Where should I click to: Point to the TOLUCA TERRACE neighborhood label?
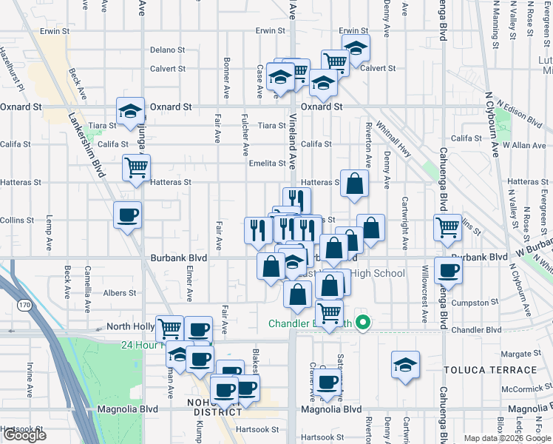[x=490, y=369]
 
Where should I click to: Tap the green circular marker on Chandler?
[x=363, y=323]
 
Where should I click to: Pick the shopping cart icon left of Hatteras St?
[x=136, y=167]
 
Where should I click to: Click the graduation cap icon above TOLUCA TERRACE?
[x=405, y=365]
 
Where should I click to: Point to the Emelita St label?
[x=267, y=164]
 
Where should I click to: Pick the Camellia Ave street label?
[x=87, y=282]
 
